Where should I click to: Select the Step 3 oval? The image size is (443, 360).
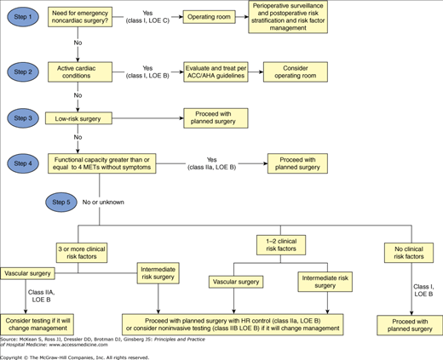click(x=28, y=117)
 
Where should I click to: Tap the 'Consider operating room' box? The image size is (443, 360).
click(x=296, y=73)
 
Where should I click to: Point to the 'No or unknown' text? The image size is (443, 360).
click(x=112, y=201)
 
